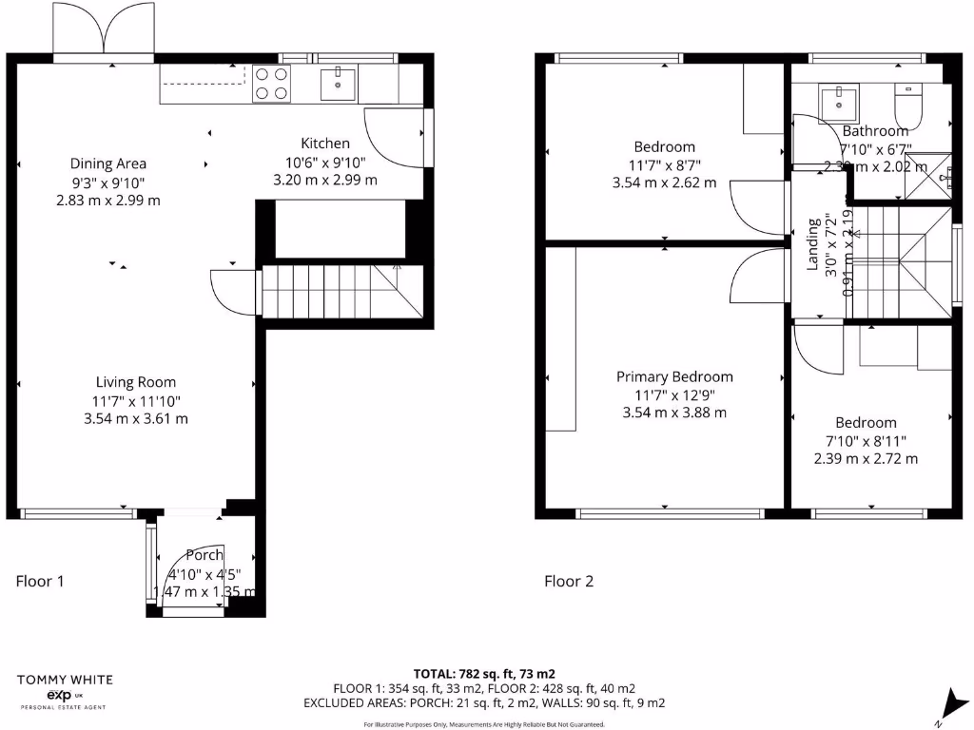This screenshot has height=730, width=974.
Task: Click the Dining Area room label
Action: (x=107, y=163)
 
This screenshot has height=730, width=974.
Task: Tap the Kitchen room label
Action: (x=325, y=144)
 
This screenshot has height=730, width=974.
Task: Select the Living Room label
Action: (x=136, y=382)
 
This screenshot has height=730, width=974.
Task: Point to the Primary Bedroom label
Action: (x=674, y=376)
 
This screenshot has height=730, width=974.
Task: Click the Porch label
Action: (x=205, y=555)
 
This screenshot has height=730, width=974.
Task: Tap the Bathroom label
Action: (x=875, y=131)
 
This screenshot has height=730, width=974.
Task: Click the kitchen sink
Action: (x=339, y=85)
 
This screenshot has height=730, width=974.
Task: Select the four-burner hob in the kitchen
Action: (x=271, y=85)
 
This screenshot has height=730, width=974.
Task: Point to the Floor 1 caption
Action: (x=40, y=581)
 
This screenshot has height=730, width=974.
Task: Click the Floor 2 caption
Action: (x=569, y=581)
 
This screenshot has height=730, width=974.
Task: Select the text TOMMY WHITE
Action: (x=65, y=680)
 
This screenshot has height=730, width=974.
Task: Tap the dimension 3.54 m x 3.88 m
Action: (x=674, y=413)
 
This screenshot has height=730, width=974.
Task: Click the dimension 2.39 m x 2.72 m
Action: (x=866, y=458)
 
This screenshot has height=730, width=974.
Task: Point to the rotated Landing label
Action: (x=814, y=245)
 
